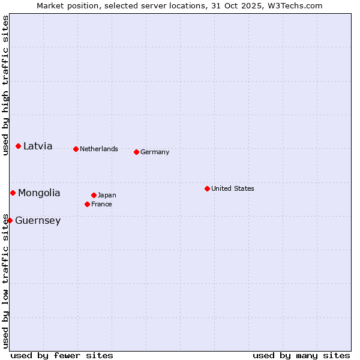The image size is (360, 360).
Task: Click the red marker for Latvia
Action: click(x=19, y=146)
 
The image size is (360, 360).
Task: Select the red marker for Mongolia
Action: click(x=13, y=193)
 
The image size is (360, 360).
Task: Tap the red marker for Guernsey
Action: click(x=10, y=221)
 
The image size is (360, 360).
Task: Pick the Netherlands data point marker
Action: click(x=76, y=149)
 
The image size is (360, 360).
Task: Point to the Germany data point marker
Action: click(x=137, y=152)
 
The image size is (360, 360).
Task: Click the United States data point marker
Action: click(x=207, y=189)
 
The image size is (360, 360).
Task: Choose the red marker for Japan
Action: click(x=94, y=196)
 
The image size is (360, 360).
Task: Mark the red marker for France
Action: click(x=88, y=205)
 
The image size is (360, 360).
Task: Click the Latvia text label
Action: click(x=38, y=146)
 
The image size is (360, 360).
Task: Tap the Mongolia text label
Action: click(x=39, y=193)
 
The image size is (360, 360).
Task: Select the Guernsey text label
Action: click(x=38, y=221)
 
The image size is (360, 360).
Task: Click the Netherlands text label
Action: click(x=99, y=149)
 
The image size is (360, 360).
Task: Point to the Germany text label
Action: click(x=155, y=152)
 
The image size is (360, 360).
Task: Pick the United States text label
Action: click(x=233, y=189)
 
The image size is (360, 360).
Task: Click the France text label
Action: click(x=101, y=205)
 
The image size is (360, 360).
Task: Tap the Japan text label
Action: click(x=107, y=196)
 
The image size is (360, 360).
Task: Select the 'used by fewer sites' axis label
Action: click(x=62, y=356)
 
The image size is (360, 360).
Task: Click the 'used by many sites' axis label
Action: click(x=301, y=356)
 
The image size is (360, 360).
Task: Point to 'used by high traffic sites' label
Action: click(x=6, y=85)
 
